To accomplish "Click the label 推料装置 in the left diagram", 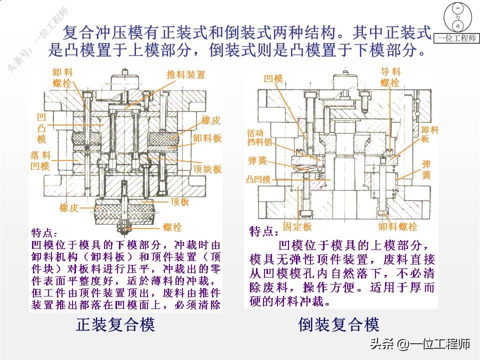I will pos(185,74).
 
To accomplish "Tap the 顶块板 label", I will pos(207,169).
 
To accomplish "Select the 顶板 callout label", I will pos(179,201).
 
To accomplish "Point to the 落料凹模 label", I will pos(40,161).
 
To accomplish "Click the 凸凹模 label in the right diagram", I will pos(258,179).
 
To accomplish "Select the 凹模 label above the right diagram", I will pos(273,78).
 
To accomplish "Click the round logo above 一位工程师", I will pos(457,17).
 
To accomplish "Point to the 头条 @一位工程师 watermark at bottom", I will pos(419,344).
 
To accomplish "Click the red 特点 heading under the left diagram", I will pos(44,233).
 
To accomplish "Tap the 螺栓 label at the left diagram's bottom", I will pos(172,227).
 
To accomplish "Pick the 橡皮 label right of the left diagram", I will pos(211,120).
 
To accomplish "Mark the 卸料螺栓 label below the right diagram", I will pos(397,227).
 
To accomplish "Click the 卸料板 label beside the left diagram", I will pos(207,138).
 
